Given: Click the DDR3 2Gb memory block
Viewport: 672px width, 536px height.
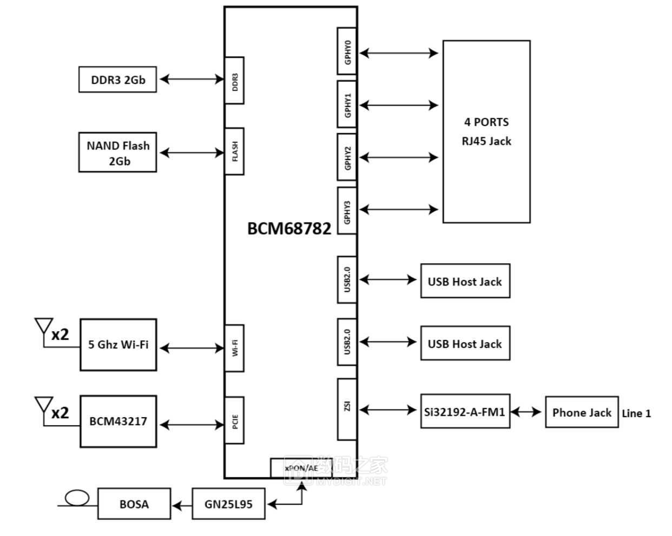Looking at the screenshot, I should point(117,79).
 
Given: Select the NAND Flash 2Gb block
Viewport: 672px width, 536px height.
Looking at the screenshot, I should point(117,152).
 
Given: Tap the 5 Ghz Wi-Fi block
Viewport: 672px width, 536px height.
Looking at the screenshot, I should point(118,345).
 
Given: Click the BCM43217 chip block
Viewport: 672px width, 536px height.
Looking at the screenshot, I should point(118,421).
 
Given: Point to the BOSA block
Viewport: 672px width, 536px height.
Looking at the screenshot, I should point(134,504).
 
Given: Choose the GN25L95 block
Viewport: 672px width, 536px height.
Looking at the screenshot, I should point(228,504).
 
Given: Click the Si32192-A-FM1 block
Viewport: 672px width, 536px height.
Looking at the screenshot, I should point(465,412).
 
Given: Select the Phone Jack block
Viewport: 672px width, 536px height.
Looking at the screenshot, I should point(581,412).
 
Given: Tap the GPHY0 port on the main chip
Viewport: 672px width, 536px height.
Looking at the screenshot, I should point(347,51).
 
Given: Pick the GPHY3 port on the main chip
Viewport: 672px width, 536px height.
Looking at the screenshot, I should point(347,211).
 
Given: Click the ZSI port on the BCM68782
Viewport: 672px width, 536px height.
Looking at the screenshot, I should point(347,409).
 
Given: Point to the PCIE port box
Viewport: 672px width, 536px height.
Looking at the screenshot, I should point(234,420).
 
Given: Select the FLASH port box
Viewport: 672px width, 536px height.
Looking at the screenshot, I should point(234,151).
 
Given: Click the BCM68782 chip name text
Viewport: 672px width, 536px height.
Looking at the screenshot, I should point(289,229).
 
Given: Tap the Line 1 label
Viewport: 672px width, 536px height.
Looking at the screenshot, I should point(636,413).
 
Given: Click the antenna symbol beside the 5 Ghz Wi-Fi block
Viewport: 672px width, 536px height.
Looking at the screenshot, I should point(43,330).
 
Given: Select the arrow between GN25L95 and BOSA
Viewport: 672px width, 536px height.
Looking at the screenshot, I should point(182,505).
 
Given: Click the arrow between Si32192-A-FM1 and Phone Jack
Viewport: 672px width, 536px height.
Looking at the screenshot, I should point(526,412).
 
